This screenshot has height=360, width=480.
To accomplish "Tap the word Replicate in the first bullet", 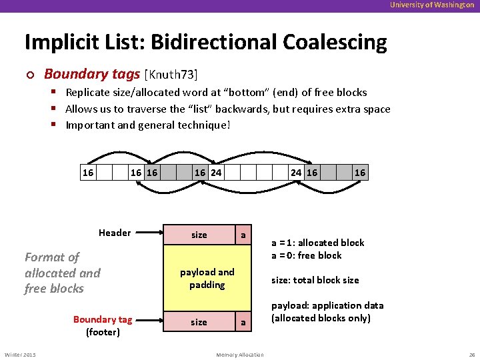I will click(x=88, y=93).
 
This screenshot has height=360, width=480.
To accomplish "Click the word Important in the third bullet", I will click(x=90, y=125).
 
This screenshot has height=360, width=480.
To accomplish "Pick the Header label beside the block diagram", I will click(x=115, y=233).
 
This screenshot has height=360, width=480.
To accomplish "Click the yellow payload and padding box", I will click(x=207, y=279).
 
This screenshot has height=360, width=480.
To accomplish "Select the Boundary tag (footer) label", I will click(x=103, y=325).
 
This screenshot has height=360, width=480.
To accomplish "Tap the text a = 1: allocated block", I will click(x=317, y=243).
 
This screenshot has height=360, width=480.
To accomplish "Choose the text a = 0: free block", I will click(x=306, y=255).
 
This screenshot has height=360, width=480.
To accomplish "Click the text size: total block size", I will click(x=315, y=280).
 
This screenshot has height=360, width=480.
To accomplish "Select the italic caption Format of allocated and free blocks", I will click(x=62, y=273).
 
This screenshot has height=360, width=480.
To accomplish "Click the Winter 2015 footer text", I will click(x=21, y=354).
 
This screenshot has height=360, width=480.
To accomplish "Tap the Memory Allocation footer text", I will click(x=240, y=355).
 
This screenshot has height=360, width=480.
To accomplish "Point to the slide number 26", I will click(x=471, y=354).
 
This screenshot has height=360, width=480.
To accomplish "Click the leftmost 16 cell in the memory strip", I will click(x=88, y=173).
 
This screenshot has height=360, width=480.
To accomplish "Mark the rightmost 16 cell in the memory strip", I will click(x=360, y=173).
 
